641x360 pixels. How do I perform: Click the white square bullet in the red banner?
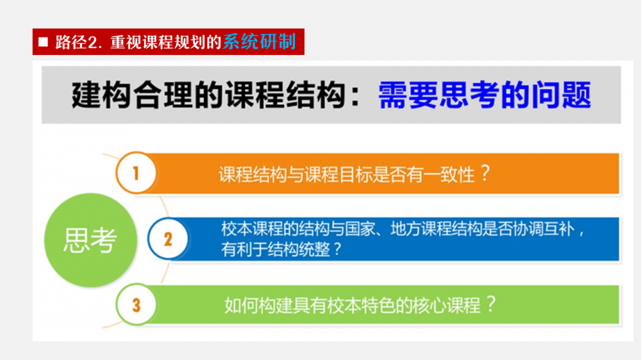point(43,42)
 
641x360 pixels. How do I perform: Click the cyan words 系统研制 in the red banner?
point(259,42)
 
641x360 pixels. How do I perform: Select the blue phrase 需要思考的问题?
point(485,95)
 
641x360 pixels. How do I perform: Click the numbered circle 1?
point(136,173)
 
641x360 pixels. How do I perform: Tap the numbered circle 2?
point(168,239)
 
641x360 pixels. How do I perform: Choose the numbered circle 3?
point(136,305)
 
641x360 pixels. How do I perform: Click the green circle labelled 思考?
point(90,240)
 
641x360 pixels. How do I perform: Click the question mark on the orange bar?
point(485,173)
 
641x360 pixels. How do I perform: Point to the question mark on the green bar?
point(491,304)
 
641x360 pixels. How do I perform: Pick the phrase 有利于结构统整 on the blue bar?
point(276,249)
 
